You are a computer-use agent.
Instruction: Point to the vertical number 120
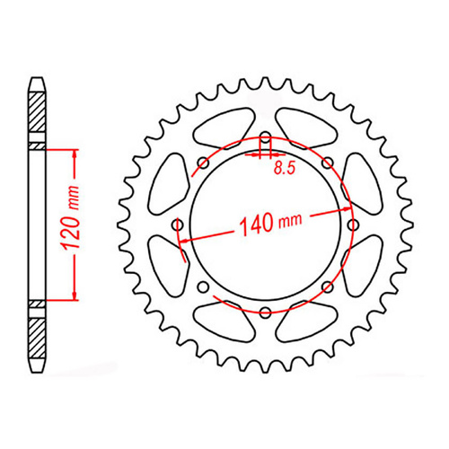77,233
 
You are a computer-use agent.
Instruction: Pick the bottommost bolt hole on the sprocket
265,312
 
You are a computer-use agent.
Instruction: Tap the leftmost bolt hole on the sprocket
178,224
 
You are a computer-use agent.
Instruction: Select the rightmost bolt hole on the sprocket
351,224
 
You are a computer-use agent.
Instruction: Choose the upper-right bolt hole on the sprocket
326,163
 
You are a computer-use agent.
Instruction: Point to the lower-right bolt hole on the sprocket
326,286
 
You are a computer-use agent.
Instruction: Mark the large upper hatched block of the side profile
37,117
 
